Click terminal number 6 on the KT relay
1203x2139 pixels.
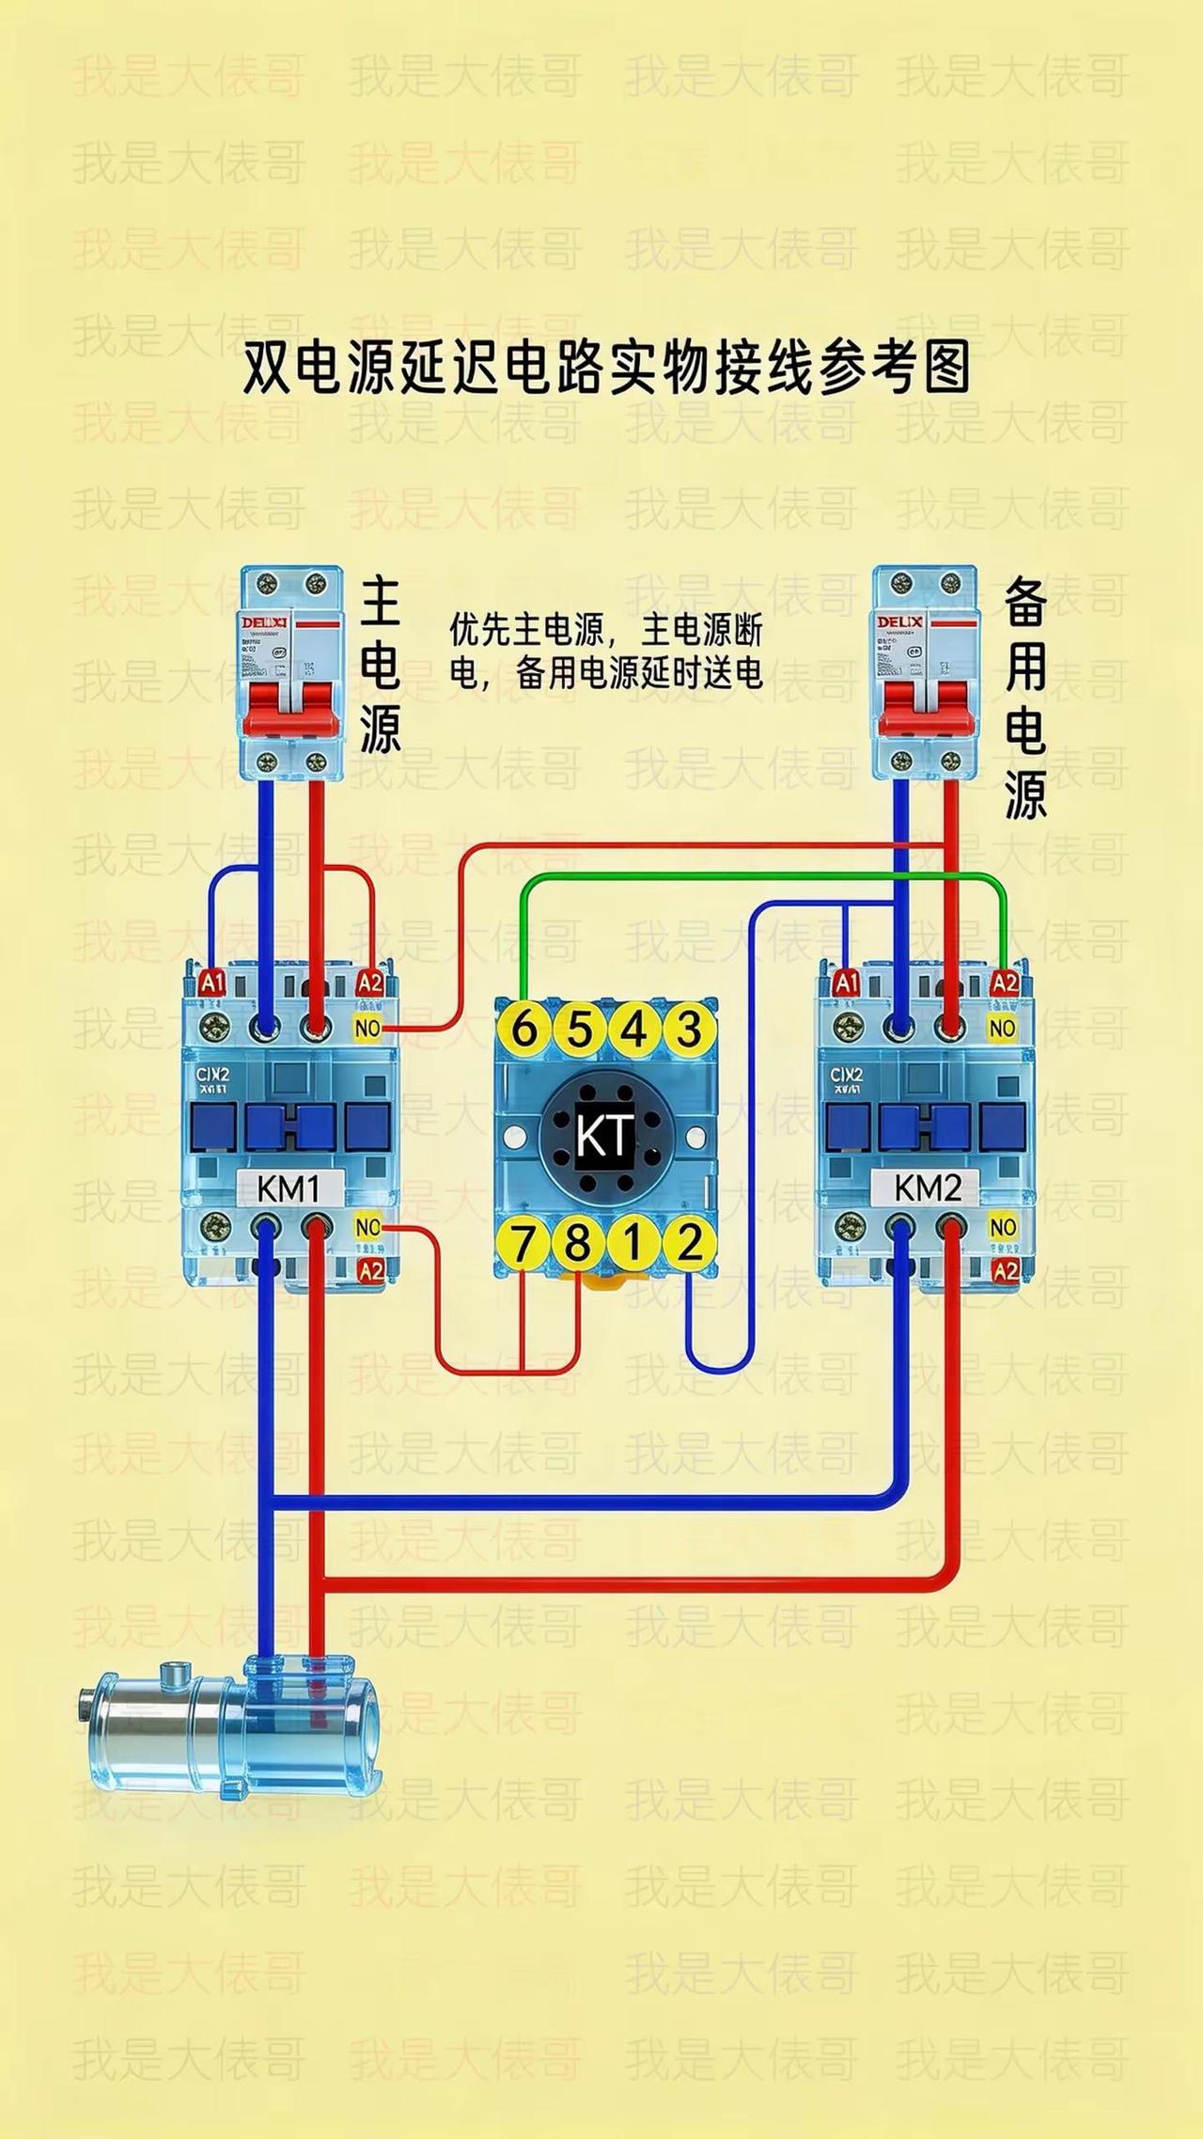point(523,1028)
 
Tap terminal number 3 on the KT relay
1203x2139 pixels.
point(690,1028)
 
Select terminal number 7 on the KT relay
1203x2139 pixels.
point(523,1243)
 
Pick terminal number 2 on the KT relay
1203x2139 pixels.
point(690,1243)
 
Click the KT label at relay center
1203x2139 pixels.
point(605,1136)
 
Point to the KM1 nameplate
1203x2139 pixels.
point(289,1189)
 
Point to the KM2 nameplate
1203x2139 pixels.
point(927,1188)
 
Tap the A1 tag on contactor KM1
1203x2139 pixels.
point(212,983)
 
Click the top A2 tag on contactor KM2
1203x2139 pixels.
point(1005,983)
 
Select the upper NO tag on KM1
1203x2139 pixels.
point(367,1028)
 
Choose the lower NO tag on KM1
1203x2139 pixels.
point(367,1227)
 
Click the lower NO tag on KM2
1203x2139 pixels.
point(1003,1227)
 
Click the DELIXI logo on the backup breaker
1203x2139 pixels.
point(899,622)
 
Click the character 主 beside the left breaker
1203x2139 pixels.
point(381,603)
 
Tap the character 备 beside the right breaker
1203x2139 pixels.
point(1025,603)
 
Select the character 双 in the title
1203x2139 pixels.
point(267,369)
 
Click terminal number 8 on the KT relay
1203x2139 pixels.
point(578,1243)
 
